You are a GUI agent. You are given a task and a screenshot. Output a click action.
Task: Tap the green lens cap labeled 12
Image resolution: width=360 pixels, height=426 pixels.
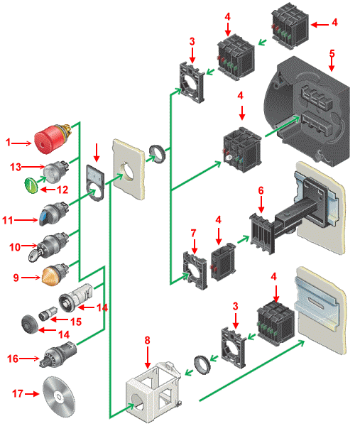coord(31,185)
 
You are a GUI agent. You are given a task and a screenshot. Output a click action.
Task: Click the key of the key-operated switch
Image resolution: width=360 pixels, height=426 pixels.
coord(34,255)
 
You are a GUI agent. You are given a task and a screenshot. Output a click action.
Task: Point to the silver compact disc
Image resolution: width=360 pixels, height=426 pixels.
coord(59,396)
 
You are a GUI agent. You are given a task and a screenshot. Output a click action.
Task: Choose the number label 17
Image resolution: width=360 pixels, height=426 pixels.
coord(18,393)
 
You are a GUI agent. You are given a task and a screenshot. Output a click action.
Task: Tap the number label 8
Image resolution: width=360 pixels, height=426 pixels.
coord(147,340)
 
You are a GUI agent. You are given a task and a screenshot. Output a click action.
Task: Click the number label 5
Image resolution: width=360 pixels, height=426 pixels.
coord(332,53)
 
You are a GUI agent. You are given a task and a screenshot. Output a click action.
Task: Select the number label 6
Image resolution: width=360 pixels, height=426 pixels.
coord(261,191)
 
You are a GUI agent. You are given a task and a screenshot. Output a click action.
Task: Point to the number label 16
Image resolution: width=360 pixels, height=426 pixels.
coord(13,359)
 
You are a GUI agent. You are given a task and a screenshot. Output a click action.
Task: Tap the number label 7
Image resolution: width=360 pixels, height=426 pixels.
coord(193,233)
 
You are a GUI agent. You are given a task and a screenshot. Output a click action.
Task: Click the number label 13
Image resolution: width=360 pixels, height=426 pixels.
coord(16,167)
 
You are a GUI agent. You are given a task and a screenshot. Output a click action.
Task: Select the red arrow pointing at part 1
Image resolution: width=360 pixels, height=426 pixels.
coord(22,143)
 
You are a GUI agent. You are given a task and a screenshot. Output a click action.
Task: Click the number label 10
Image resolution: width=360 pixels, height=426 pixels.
coord(15,247)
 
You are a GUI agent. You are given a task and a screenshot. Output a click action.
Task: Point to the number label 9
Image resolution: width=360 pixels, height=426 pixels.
coord(16,278)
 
